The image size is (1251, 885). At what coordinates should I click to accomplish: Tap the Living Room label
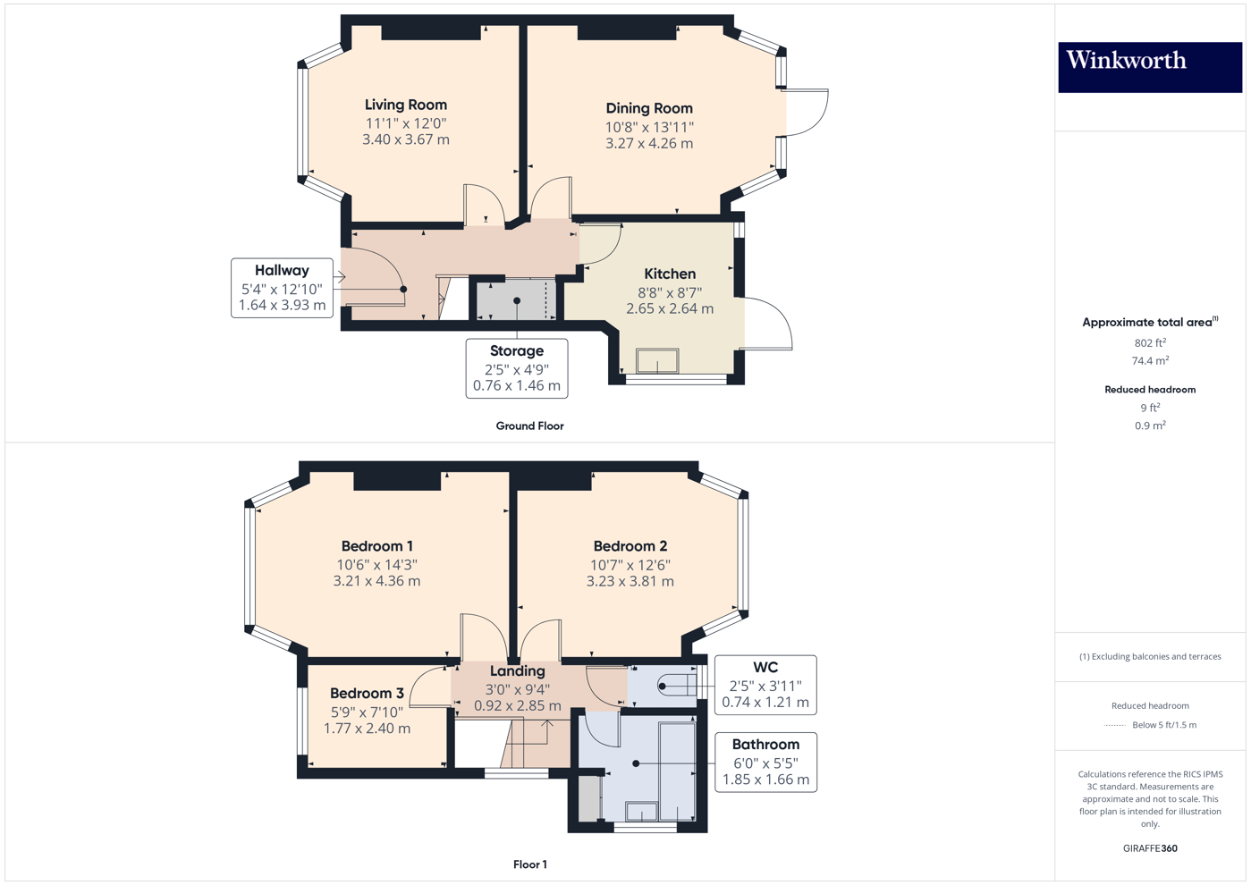405,105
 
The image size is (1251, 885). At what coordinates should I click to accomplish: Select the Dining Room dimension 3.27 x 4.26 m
648,143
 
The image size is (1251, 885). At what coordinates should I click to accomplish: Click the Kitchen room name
670,274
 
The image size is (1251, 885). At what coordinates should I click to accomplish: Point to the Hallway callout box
282,288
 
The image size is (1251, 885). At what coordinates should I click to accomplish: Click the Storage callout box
516,368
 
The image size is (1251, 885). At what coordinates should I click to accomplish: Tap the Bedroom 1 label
376,546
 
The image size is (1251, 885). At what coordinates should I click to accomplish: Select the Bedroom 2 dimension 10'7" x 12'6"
630,565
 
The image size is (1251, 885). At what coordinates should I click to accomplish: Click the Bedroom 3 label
367,693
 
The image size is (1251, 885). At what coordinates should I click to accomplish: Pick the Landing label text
517,670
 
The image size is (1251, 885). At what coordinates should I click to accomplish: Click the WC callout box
765,685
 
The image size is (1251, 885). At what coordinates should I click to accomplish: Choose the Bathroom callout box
765,762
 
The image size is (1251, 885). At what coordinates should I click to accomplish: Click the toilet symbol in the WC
676,686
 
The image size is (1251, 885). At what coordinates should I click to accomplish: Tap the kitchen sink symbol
657,360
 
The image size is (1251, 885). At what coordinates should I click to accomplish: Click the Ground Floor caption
529,426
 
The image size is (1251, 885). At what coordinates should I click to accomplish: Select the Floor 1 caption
529,864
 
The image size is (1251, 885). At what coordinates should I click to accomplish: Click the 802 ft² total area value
1149,342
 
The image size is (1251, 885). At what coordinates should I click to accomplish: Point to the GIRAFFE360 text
1150,848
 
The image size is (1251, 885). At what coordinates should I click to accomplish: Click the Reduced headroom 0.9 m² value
1149,426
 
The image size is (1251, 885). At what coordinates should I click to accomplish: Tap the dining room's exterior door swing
807,112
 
